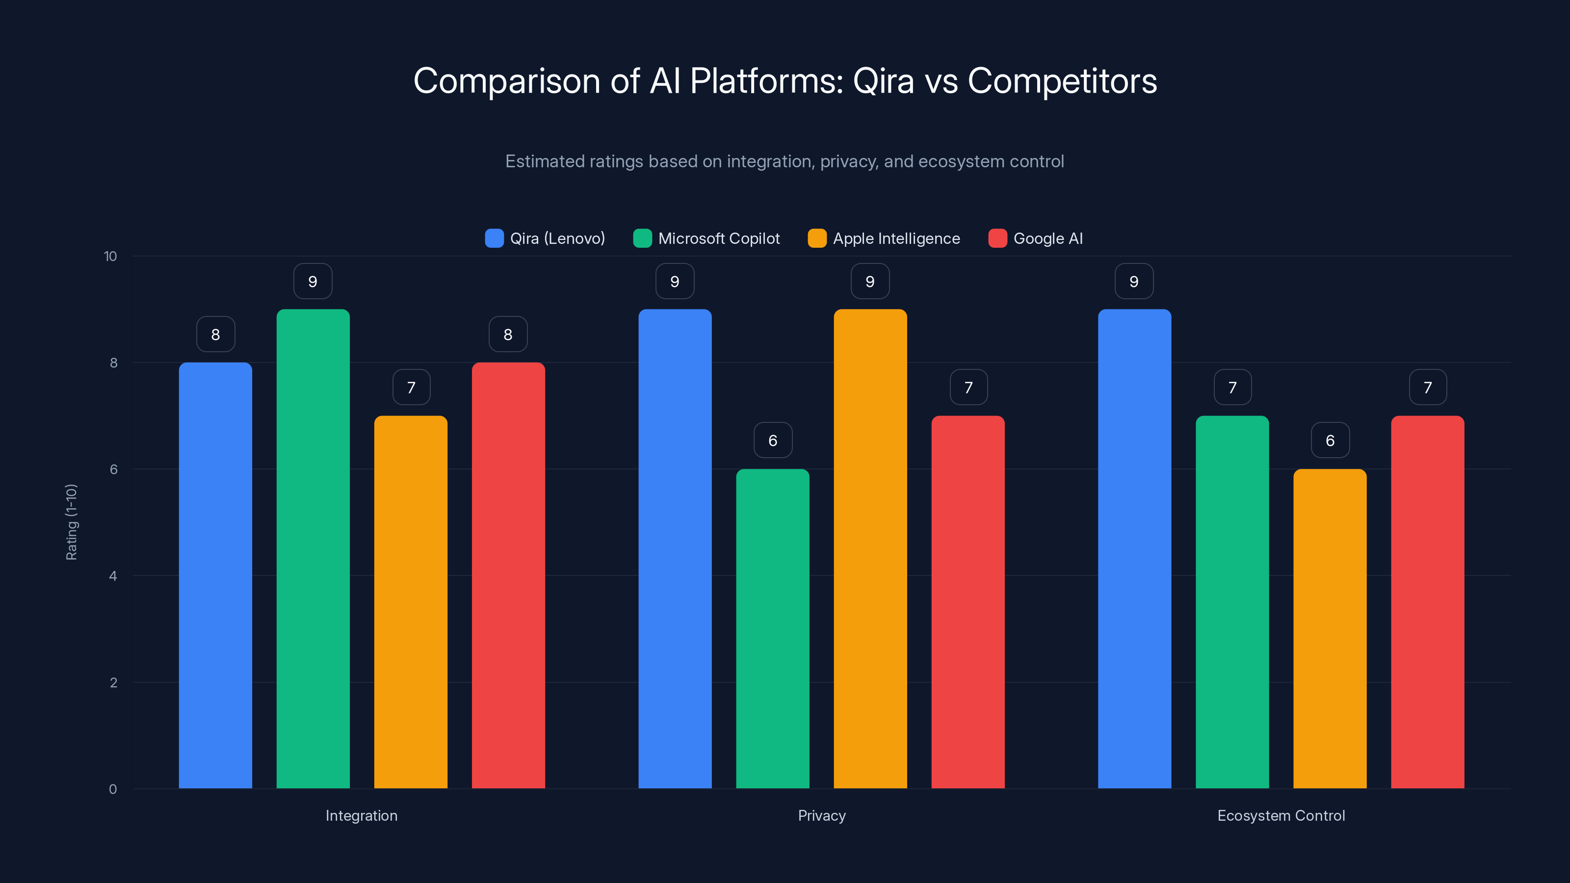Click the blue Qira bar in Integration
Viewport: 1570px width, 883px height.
tap(215, 575)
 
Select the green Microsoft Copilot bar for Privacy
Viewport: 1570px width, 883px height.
tap(772, 628)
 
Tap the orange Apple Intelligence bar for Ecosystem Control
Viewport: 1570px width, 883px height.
tap(1330, 628)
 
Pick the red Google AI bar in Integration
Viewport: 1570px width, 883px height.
tap(508, 575)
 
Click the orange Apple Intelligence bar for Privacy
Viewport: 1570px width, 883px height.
tap(870, 548)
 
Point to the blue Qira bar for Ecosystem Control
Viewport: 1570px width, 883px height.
tap(1134, 548)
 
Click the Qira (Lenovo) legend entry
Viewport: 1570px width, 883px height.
tap(545, 238)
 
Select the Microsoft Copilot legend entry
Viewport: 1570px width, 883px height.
tap(706, 238)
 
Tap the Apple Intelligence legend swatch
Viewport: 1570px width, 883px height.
tap(817, 238)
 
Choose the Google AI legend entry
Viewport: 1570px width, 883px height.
tap(1036, 238)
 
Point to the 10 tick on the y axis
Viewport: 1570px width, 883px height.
tap(110, 256)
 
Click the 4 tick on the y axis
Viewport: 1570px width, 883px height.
tap(113, 576)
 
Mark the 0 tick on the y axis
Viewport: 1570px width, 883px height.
tap(113, 789)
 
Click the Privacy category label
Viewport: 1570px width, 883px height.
tap(822, 815)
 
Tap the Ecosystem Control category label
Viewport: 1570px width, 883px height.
tap(1281, 815)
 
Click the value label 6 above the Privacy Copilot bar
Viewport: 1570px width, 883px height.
tap(772, 440)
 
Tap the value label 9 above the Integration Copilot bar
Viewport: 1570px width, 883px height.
tap(313, 281)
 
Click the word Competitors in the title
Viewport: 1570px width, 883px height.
tap(1062, 81)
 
